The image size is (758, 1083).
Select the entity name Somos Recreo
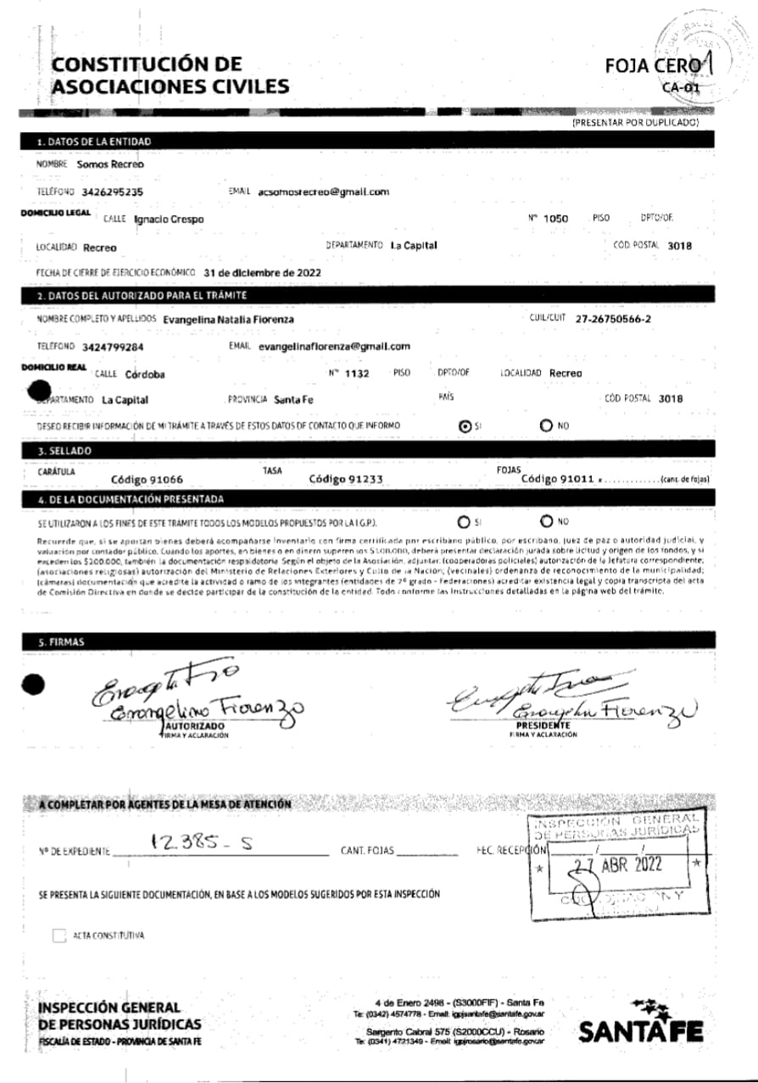click(110, 164)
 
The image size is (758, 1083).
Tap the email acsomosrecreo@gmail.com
click(323, 192)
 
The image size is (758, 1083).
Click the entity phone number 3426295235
click(113, 192)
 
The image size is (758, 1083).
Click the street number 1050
click(555, 219)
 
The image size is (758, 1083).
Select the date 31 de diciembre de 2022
click(263, 274)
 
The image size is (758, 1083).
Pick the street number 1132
click(357, 373)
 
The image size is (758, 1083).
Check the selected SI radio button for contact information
click(464, 426)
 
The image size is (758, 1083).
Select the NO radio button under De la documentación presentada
click(547, 521)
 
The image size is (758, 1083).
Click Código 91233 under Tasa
click(346, 479)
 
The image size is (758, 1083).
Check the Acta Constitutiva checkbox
click(59, 936)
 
